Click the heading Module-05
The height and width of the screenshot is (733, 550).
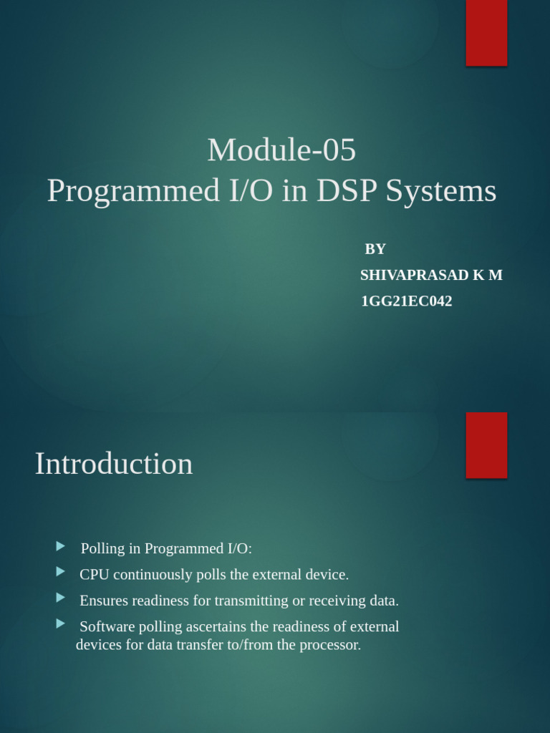(x=281, y=150)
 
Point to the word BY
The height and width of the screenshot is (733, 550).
(x=375, y=249)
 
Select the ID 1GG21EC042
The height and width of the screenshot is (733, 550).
(x=406, y=301)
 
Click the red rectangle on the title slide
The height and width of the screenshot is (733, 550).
(x=486, y=32)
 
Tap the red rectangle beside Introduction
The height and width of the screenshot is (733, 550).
(x=486, y=445)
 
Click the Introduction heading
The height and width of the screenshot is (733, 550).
(x=114, y=464)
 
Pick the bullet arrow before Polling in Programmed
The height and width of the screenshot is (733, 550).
(x=61, y=547)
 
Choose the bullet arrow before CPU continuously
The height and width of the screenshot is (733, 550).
(x=61, y=572)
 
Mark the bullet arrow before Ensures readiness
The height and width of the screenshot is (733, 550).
(x=61, y=598)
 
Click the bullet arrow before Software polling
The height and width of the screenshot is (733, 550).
(x=61, y=624)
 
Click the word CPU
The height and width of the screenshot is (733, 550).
(x=95, y=575)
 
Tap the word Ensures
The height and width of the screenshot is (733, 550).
(x=104, y=601)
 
